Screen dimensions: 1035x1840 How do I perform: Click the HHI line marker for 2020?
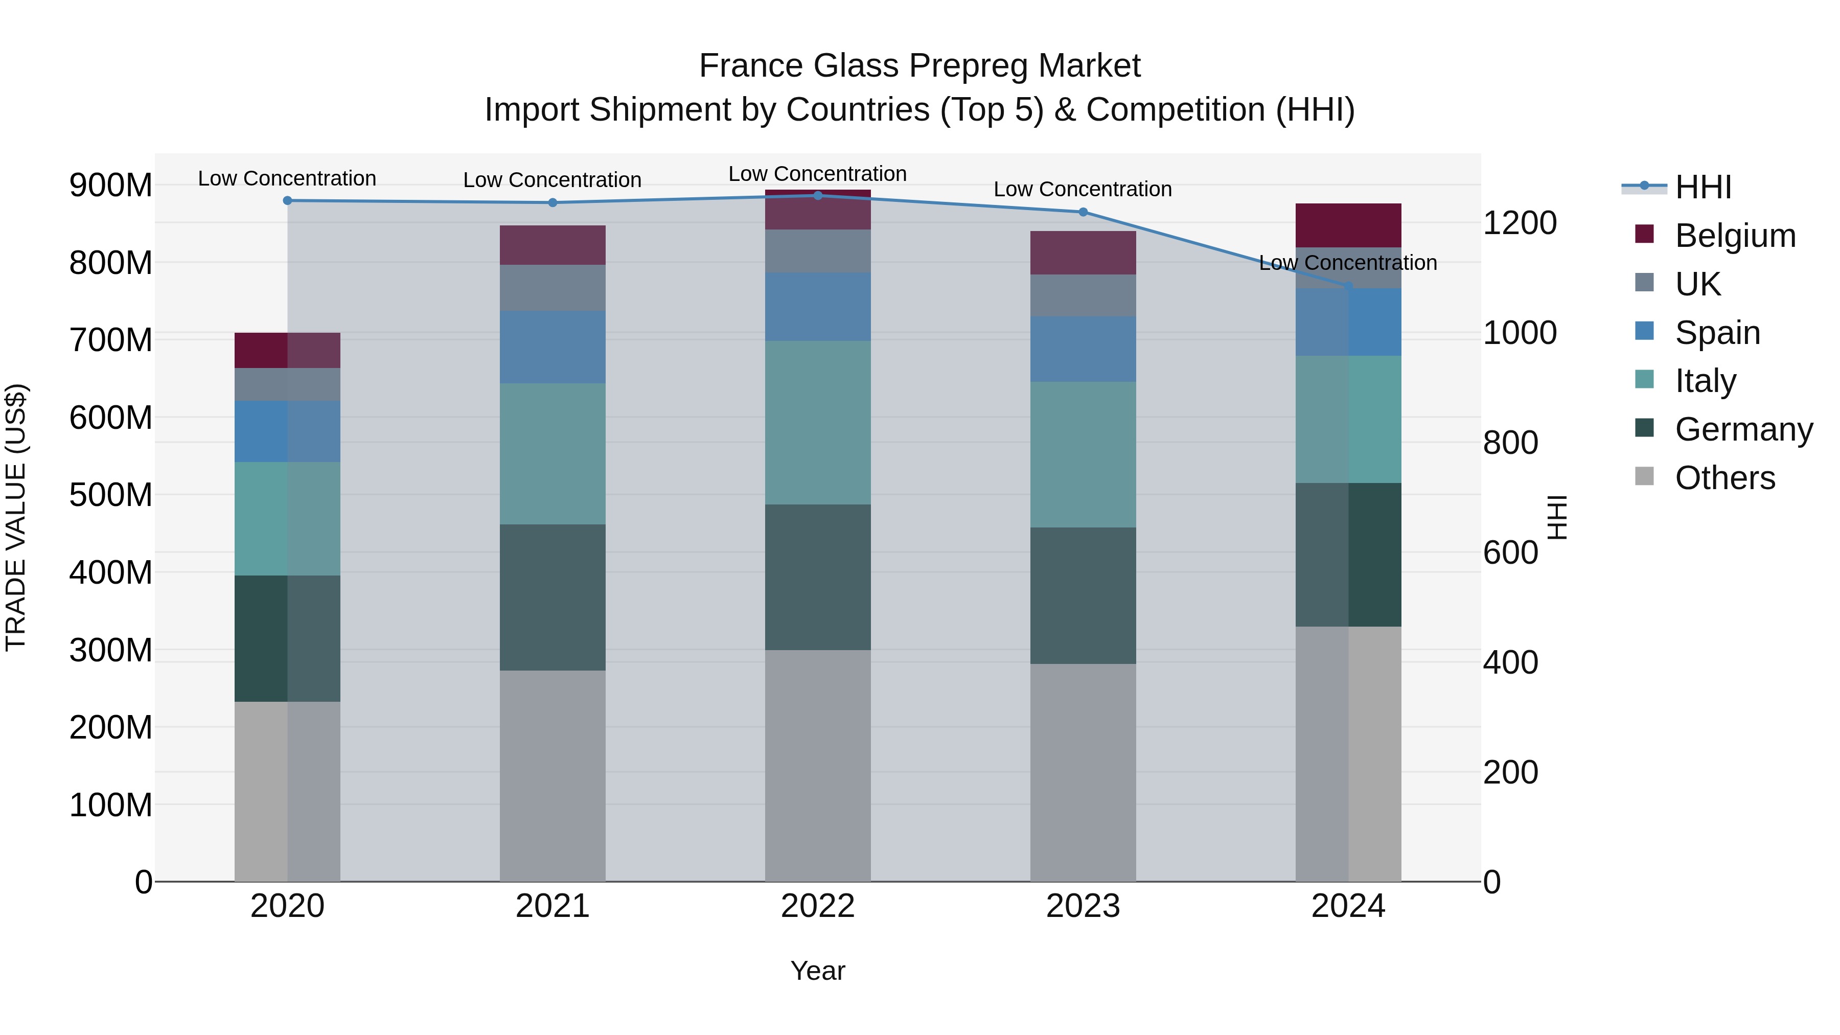coord(287,201)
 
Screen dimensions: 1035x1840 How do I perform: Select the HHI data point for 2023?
coord(1083,212)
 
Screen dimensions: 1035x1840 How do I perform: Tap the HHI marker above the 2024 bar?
coord(1348,286)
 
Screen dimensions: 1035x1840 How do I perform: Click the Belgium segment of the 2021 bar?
coord(552,245)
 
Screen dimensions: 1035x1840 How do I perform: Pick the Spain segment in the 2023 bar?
coord(1083,349)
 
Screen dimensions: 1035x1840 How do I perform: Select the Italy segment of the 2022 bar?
coord(818,422)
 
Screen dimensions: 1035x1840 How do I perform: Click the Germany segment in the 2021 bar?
coord(552,597)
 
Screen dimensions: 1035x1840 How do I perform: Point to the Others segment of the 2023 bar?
coord(1083,772)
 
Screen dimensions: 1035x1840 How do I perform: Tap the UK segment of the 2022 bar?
coord(818,251)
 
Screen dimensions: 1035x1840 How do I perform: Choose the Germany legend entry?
coord(1743,429)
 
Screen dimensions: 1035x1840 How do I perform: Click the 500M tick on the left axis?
coord(111,494)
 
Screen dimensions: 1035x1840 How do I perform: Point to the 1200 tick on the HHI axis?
coord(1520,223)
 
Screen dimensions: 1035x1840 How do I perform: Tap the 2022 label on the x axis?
coord(818,906)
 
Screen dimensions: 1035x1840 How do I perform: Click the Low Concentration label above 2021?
coord(552,180)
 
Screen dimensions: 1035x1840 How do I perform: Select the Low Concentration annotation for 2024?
coord(1348,263)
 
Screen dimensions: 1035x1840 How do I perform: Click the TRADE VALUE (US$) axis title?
coord(16,517)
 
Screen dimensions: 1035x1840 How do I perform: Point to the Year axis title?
coord(818,971)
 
